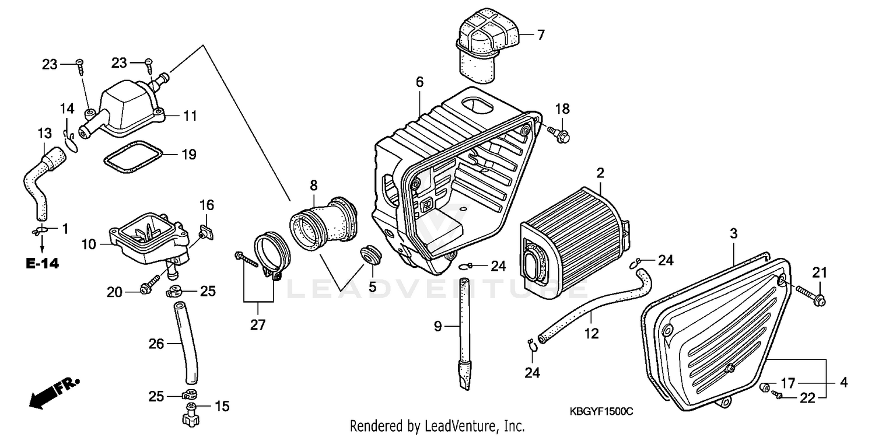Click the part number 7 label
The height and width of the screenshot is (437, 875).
[540, 35]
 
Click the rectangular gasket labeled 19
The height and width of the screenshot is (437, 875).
[134, 156]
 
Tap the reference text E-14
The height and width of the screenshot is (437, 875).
[43, 264]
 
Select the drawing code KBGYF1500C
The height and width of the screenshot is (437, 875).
[601, 412]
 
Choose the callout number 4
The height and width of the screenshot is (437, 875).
[843, 383]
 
